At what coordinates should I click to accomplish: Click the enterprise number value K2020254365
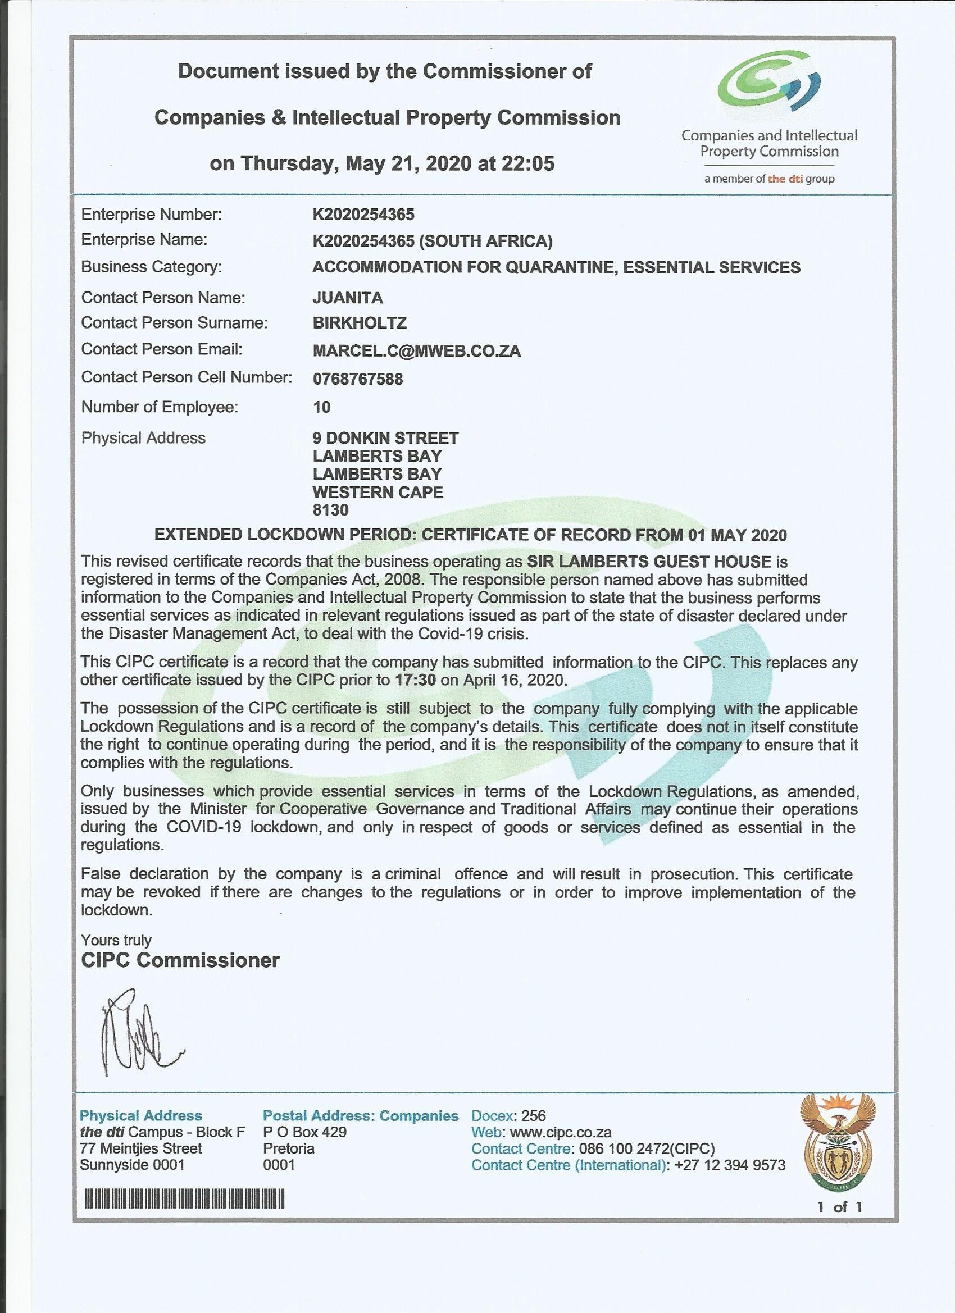pos(363,214)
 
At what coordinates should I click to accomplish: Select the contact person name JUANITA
pos(348,298)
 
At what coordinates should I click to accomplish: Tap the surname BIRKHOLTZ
pos(359,322)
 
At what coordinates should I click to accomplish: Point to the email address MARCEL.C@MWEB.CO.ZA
pos(416,350)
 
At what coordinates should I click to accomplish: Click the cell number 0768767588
pos(357,379)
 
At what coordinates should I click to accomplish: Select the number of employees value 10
pos(321,407)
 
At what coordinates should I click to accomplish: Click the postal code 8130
pos(330,509)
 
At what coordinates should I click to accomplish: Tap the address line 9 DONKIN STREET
pos(385,437)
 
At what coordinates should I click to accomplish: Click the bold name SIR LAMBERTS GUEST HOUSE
pos(649,561)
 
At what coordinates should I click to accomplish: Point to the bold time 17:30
pos(415,679)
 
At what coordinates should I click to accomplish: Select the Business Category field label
pos(151,267)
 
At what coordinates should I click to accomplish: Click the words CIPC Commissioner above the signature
pos(180,960)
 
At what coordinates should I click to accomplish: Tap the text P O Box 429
pos(304,1132)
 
